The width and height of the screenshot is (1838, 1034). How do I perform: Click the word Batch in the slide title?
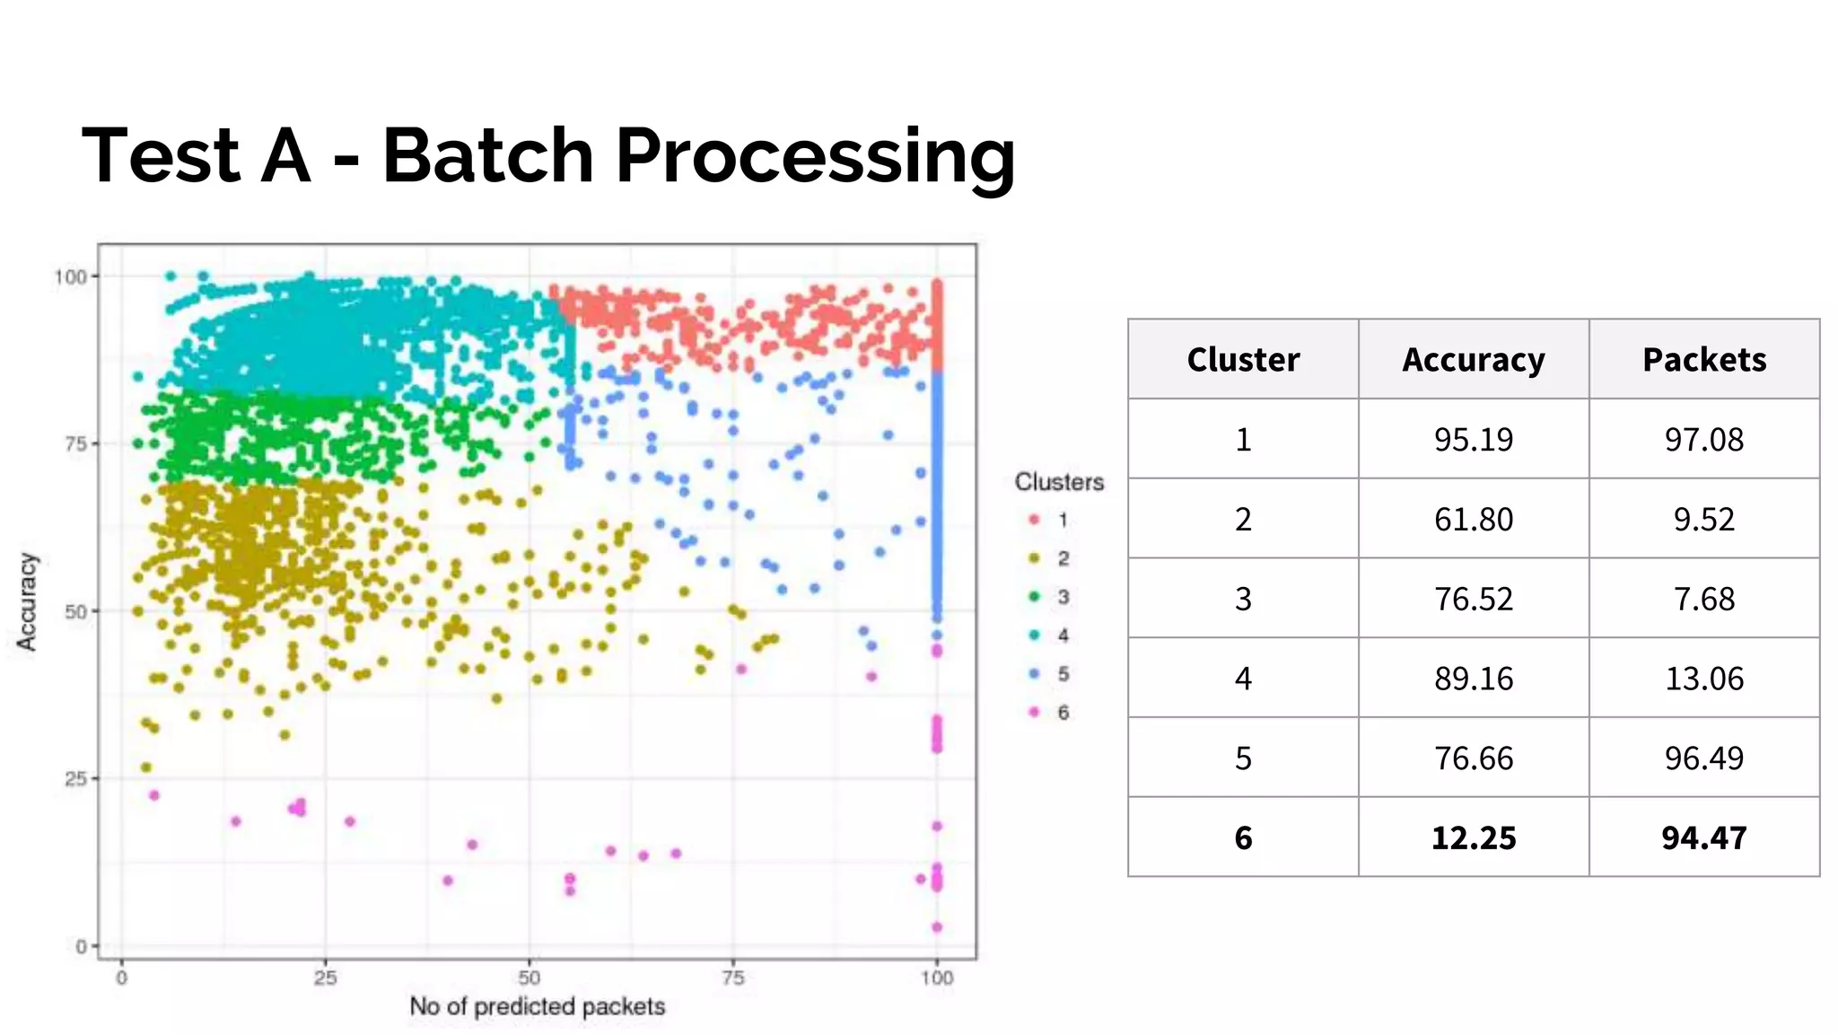(487, 155)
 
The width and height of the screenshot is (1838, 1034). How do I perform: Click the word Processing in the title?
(815, 158)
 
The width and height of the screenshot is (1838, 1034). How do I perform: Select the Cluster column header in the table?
(1243, 359)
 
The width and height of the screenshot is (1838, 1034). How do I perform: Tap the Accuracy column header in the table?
(1474, 359)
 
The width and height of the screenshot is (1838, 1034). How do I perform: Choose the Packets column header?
(1704, 359)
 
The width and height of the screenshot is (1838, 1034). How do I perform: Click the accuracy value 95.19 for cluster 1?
(1474, 439)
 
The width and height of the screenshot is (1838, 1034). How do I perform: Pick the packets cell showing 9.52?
(1704, 519)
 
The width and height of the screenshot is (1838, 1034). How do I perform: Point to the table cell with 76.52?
(1474, 599)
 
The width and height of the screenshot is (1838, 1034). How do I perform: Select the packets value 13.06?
(1704, 678)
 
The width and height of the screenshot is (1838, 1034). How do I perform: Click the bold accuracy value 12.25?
(1474, 837)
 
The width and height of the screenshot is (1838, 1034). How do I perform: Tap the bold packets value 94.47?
(1704, 837)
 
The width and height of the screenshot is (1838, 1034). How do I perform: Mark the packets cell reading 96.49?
(1704, 758)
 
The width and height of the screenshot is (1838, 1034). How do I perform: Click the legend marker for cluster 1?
(1034, 520)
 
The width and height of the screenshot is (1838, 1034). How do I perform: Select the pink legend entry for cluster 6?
(1034, 712)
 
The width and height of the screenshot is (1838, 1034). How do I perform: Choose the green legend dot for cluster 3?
(1034, 597)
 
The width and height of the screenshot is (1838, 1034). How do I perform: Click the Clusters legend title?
(1059, 482)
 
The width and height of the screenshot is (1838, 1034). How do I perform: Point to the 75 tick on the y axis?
(76, 443)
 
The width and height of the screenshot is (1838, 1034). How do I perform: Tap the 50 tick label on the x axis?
(529, 978)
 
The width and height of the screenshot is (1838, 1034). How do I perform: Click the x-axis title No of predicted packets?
(537, 1006)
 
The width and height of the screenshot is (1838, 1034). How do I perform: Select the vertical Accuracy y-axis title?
(28, 600)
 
